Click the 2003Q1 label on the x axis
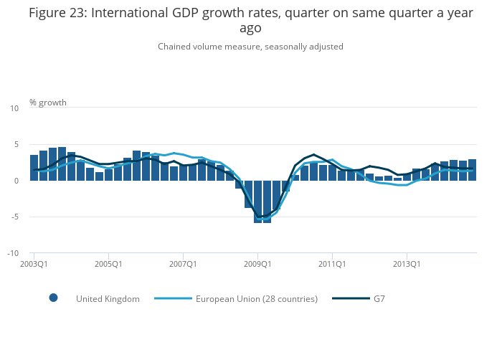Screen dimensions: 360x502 coord(34,264)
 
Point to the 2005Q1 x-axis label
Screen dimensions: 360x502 coord(108,264)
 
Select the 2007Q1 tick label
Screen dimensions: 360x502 coord(183,264)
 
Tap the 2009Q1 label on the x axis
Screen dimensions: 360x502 coord(257,264)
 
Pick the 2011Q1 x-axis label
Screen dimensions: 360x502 coord(332,264)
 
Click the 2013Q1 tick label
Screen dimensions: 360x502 coord(407,264)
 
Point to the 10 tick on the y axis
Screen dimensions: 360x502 coord(14,108)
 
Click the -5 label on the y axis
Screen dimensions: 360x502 coord(14,217)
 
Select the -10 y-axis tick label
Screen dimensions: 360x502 coord(13,253)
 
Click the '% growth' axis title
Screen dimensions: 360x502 coord(48,103)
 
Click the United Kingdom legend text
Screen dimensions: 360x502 coord(108,298)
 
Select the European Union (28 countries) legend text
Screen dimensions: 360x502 coord(256,298)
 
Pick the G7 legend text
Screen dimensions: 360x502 coord(379,298)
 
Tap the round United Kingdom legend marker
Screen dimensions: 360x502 coord(53,298)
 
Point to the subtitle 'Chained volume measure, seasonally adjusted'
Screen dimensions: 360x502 coord(250,47)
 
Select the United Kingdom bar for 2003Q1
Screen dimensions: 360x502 coord(34,168)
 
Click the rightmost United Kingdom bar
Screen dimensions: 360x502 coord(472,170)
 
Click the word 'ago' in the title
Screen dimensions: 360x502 coord(250,28)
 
